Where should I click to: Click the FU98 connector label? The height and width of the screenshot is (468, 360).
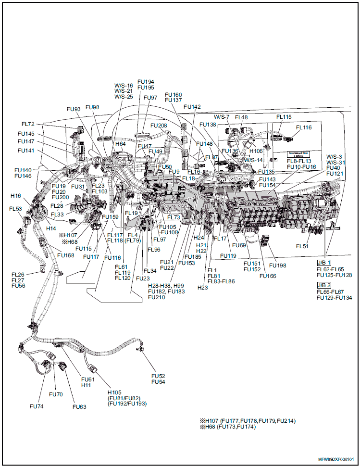[92, 107]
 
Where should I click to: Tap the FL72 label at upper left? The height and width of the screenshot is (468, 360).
[28, 125]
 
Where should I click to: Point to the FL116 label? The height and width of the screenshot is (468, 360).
[304, 128]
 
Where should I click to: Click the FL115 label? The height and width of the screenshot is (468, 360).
[284, 117]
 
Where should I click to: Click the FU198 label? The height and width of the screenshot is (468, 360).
[278, 266]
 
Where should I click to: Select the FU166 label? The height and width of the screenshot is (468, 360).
[268, 276]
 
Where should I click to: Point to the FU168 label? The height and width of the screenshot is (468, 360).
[65, 255]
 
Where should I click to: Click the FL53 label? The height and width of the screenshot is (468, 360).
[15, 209]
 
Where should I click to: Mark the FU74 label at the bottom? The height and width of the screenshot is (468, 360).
[37, 406]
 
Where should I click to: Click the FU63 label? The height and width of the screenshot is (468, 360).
[79, 407]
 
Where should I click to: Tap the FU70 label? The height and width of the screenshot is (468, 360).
[56, 394]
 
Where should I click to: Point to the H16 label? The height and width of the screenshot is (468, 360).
[16, 196]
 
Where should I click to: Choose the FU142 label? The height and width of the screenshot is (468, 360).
[192, 107]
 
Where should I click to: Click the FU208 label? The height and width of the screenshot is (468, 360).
[159, 126]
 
